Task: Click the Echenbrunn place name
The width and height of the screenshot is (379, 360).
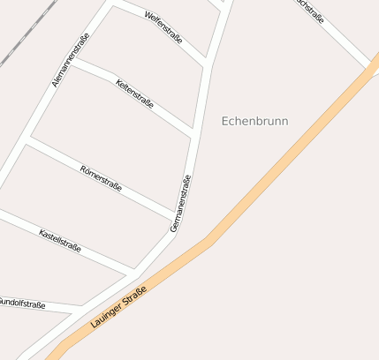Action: point(254,121)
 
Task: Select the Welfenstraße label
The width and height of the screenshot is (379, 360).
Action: point(163,26)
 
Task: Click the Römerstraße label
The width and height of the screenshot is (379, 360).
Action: point(100,178)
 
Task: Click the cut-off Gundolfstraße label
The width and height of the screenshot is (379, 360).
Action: point(22,303)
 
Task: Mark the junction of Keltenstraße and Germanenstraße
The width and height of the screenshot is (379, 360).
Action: point(193,134)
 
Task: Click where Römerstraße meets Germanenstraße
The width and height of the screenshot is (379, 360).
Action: point(175,217)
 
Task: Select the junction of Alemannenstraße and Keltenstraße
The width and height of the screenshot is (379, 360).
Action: point(73,62)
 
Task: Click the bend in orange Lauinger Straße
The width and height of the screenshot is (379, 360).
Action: point(209,241)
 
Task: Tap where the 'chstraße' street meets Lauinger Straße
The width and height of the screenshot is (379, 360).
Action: point(372,68)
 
